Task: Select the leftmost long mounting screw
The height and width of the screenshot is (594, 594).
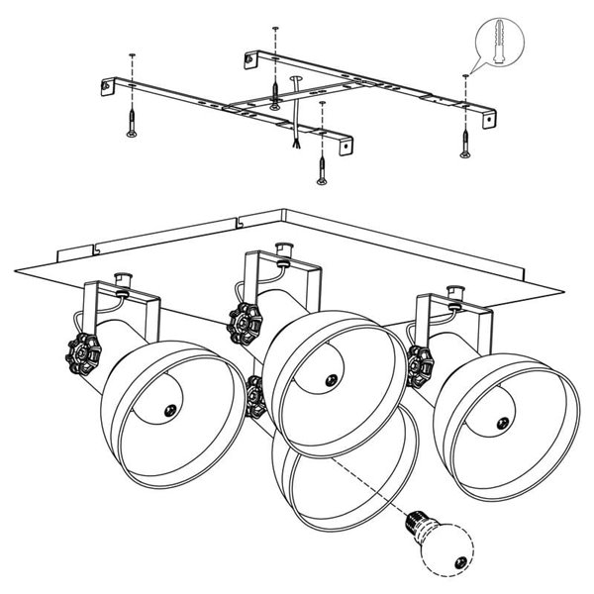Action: pyautogui.click(x=130, y=124)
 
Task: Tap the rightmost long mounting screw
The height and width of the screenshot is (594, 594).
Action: pyautogui.click(x=462, y=143)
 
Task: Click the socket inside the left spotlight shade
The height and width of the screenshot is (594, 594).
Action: pyautogui.click(x=169, y=408)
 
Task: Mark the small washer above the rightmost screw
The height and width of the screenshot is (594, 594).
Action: pyautogui.click(x=463, y=77)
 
